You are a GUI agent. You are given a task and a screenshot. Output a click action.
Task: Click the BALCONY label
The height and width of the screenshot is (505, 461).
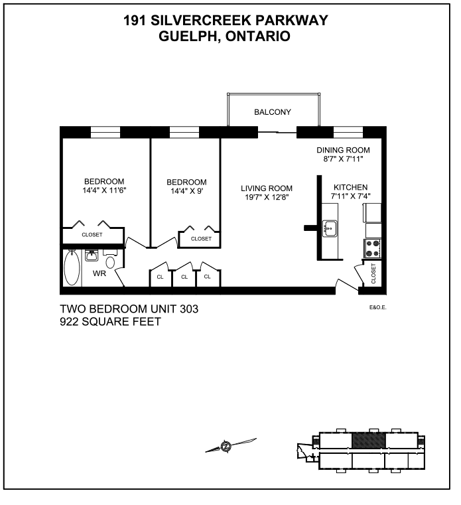click(x=273, y=112)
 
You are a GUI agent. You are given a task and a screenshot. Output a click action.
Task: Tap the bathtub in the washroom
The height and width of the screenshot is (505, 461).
click(x=72, y=268)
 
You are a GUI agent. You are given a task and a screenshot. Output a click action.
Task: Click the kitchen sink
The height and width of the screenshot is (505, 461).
click(x=330, y=228)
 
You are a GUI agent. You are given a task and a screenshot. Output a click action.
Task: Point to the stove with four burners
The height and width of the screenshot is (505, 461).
click(x=373, y=249)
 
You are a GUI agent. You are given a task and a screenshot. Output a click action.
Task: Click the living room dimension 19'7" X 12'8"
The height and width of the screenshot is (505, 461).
click(x=267, y=197)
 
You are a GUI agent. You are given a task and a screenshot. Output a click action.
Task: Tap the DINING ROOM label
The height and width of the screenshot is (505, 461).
click(x=343, y=150)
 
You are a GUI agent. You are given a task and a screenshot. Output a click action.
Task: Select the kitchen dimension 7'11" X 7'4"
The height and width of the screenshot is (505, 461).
click(x=351, y=196)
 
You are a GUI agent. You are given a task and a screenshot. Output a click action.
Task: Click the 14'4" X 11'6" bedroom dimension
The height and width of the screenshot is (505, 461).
click(x=104, y=190)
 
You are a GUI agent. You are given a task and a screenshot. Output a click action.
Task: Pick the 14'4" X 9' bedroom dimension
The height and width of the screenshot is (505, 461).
click(x=186, y=191)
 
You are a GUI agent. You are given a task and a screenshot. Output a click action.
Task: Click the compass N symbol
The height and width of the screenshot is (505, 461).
click(x=226, y=447)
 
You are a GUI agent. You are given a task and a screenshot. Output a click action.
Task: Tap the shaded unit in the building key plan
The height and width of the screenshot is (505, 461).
click(x=369, y=440)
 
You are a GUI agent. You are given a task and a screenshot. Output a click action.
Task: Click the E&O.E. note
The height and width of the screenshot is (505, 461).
click(x=377, y=307)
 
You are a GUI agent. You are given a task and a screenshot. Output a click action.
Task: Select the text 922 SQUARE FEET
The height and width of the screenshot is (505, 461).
click(x=110, y=322)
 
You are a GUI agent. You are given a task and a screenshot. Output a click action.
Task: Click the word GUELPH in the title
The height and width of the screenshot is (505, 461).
click(x=188, y=36)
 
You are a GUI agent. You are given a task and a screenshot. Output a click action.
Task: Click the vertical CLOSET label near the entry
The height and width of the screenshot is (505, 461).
click(x=373, y=273)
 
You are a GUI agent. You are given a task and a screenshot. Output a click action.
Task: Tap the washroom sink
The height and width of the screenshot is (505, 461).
click(x=92, y=255)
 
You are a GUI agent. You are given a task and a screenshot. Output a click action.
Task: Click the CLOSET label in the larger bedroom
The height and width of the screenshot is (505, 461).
click(x=92, y=235)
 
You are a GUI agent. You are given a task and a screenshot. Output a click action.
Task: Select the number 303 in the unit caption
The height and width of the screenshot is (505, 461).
click(x=189, y=309)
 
